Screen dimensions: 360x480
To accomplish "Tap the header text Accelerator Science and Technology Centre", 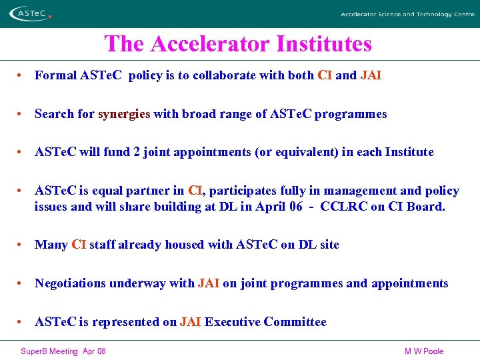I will click(407, 14).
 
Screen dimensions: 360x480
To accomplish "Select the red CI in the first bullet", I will click(325, 75).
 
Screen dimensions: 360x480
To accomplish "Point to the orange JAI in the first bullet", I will click(371, 75).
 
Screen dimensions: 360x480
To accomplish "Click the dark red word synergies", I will click(124, 114).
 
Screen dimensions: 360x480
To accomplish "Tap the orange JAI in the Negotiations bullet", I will click(209, 283).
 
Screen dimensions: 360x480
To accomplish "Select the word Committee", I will click(295, 322).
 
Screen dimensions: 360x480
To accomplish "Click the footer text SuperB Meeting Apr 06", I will click(63, 351).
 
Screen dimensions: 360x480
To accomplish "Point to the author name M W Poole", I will click(423, 351).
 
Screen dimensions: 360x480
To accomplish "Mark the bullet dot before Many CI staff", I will click(22, 245).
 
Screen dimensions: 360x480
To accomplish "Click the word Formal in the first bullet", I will click(55, 75).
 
